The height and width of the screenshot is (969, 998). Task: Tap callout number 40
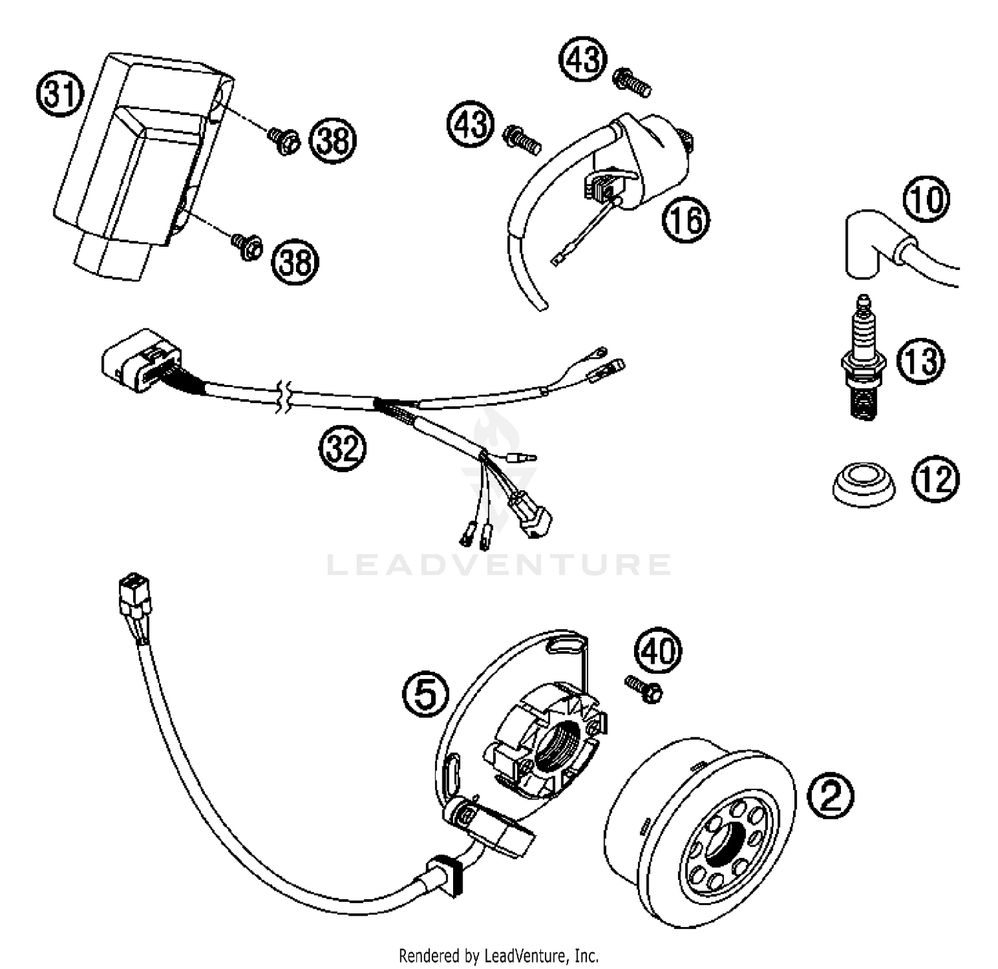coord(658,651)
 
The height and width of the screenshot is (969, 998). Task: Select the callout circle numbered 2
coord(831,795)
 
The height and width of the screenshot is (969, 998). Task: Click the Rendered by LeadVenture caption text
coord(498,956)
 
